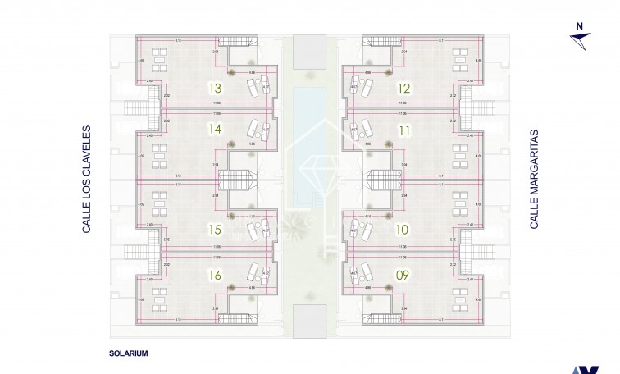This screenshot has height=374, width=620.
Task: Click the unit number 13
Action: pos(216,88)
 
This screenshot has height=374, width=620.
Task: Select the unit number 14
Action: pos(216,129)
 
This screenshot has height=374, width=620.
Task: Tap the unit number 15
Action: pos(216,230)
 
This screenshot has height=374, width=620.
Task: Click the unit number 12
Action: pos(403,88)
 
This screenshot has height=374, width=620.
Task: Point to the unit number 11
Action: pos(403,129)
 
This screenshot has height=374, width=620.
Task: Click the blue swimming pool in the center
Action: pos(310,139)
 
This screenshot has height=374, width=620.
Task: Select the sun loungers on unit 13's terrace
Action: pos(256,88)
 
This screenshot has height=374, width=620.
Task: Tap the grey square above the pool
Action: pos(310,51)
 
